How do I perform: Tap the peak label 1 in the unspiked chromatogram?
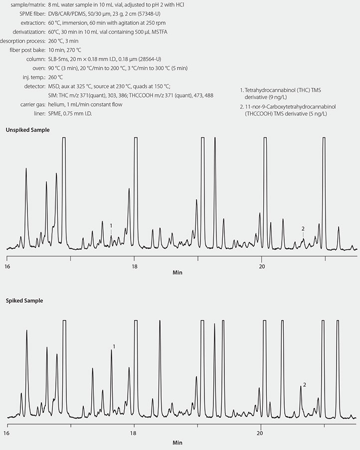(111, 226)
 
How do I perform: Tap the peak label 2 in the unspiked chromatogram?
(303, 228)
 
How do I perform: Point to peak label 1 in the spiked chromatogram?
(114, 346)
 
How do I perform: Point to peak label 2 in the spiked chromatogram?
(304, 385)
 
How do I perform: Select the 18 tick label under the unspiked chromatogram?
(134, 266)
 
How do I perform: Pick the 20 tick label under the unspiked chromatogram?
(262, 266)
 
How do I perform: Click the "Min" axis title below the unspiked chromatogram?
(178, 273)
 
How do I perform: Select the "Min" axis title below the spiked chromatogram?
(178, 442)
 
